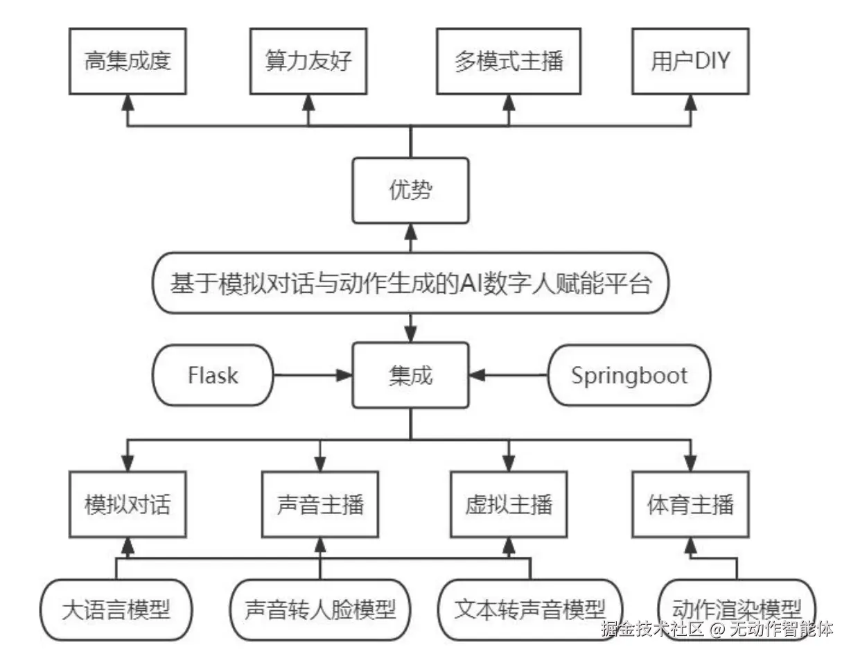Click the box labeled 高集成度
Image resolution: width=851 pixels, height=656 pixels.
point(128,62)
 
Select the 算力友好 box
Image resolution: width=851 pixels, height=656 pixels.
point(308,62)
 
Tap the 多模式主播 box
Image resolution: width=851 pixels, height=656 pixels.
point(509,62)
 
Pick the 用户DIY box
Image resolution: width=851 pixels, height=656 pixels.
point(690,62)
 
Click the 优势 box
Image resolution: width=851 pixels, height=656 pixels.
point(410,191)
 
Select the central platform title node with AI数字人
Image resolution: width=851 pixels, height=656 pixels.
point(410,283)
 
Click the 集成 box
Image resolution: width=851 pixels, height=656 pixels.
point(410,375)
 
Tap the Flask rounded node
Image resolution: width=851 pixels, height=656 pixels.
point(213,375)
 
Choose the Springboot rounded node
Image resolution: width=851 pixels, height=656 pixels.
point(629,375)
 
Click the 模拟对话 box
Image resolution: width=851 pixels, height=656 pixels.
point(128,504)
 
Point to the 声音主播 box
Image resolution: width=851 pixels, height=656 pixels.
point(320,504)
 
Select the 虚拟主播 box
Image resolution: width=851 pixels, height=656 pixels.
point(509,504)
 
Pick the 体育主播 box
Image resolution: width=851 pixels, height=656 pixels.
point(690,504)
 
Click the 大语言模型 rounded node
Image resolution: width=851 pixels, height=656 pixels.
point(116,610)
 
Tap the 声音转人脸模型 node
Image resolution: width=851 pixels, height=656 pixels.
point(320,610)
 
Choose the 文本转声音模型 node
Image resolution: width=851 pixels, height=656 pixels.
point(530,610)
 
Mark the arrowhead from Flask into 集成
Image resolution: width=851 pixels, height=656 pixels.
point(344,375)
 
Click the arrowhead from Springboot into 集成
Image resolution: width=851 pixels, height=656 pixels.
point(477,375)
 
